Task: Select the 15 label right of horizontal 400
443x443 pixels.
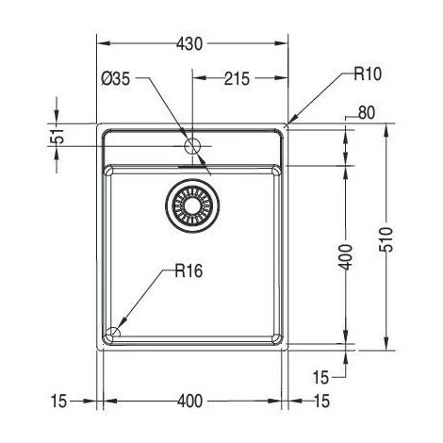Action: point(321,402)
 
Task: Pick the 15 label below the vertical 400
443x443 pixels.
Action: point(321,376)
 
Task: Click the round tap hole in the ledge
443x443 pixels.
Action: point(192,146)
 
